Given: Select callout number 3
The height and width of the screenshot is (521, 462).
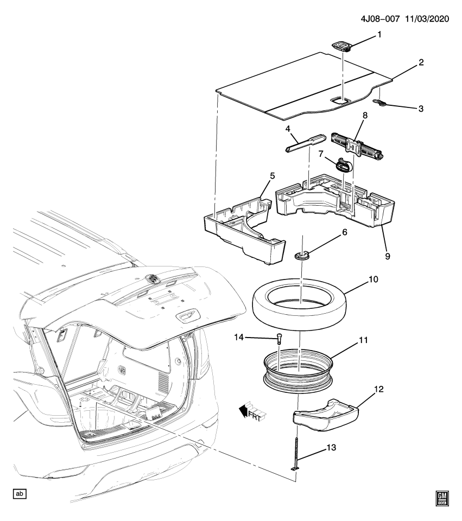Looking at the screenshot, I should pyautogui.click(x=421, y=109).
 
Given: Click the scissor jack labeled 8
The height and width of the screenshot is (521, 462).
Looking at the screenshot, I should pyautogui.click(x=358, y=145).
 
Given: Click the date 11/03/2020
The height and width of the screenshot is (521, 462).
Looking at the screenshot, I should pyautogui.click(x=426, y=18).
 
